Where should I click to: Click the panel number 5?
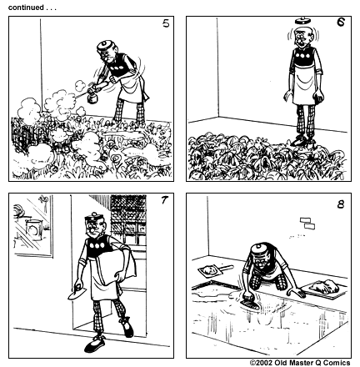pyautogui.click(x=166, y=23)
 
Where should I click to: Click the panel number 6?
pyautogui.click(x=341, y=23)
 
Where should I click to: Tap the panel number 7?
pyautogui.click(x=165, y=199)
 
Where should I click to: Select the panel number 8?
pyautogui.click(x=341, y=204)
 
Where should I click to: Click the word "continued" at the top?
pyautogui.click(x=26, y=8)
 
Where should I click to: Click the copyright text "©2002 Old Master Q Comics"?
pyautogui.click(x=300, y=363)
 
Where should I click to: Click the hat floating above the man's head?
pyautogui.click(x=303, y=21)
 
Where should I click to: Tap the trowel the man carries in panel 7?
pyautogui.click(x=76, y=293)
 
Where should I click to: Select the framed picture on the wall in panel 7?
pyautogui.click(x=32, y=225)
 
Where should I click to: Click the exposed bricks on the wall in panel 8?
pyautogui.click(x=307, y=224)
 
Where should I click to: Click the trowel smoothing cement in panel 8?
pyautogui.click(x=251, y=303)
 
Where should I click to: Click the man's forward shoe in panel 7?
pyautogui.click(x=95, y=344)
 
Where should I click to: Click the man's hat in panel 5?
pyautogui.click(x=105, y=46)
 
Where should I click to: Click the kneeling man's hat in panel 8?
pyautogui.click(x=259, y=249)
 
